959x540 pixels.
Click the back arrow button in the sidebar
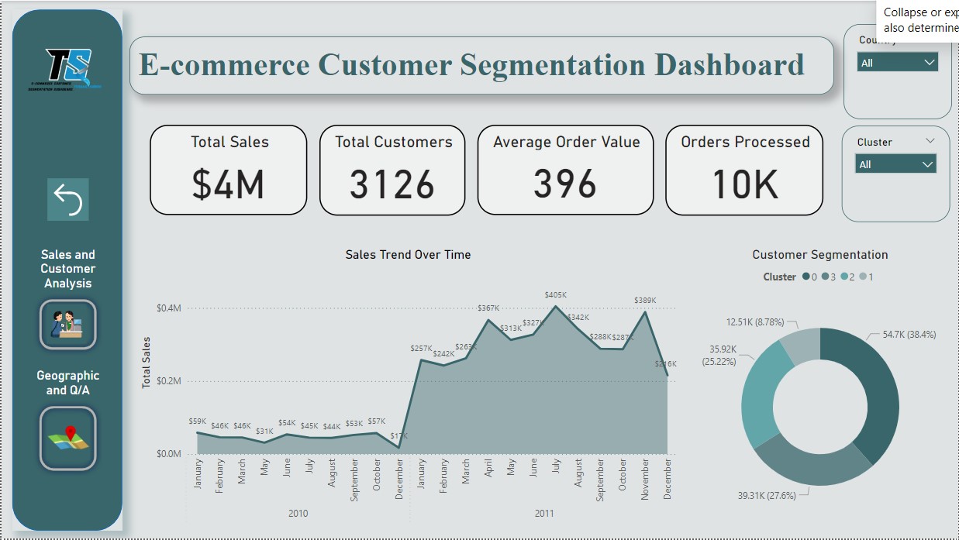click(x=68, y=200)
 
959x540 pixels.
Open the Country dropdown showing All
click(x=898, y=63)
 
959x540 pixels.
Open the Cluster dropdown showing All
click(x=895, y=164)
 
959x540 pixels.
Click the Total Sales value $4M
click(x=228, y=184)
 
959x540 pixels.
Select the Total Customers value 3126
click(x=392, y=184)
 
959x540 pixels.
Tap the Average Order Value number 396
click(x=565, y=184)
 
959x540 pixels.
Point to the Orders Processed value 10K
click(x=744, y=184)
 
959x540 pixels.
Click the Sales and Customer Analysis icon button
click(x=68, y=325)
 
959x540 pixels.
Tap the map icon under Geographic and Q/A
click(x=68, y=439)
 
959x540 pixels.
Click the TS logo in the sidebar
click(x=67, y=70)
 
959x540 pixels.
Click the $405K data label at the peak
click(x=555, y=294)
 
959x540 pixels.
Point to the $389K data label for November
click(x=645, y=300)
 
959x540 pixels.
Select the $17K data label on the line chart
click(x=398, y=435)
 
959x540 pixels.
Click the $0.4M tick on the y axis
click(x=168, y=308)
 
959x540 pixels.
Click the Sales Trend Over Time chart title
click(x=408, y=254)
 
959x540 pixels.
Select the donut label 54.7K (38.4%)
click(x=909, y=335)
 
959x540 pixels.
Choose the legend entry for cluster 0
click(x=810, y=277)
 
